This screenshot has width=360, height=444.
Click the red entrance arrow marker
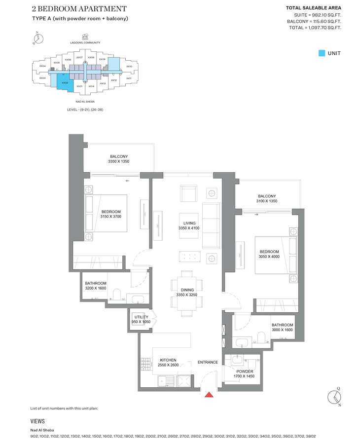(209, 394)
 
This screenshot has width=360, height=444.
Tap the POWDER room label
(245, 371)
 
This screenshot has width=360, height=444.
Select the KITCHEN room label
(168, 360)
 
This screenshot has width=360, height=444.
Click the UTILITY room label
(141, 316)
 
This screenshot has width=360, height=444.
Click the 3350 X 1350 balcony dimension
(118, 161)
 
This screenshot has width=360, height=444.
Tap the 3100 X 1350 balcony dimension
(267, 201)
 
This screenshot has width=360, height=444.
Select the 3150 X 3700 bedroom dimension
(111, 217)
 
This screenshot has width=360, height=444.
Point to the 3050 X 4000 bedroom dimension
(269, 257)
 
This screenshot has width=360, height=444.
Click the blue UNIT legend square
(322, 53)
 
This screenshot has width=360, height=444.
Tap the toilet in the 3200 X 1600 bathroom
(115, 296)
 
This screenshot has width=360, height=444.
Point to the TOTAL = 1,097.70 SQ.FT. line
(315, 28)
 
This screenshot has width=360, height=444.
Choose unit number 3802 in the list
(310, 436)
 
